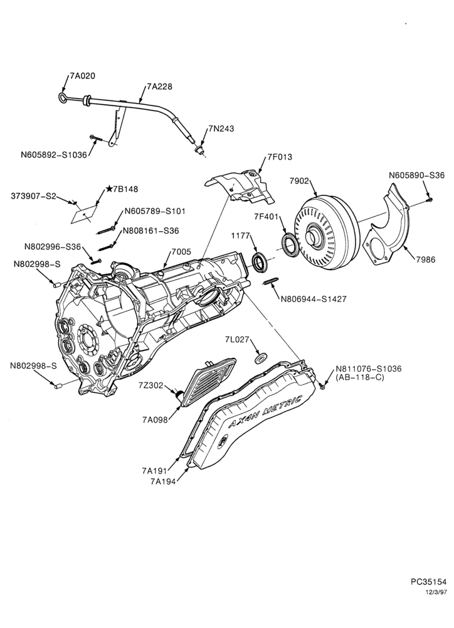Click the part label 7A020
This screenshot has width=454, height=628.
83,76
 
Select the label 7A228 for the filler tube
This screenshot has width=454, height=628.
160,86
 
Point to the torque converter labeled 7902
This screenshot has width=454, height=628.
327,232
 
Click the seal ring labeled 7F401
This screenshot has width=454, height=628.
290,245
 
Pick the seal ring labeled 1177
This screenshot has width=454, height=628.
260,261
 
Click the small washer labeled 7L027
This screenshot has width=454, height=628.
261,357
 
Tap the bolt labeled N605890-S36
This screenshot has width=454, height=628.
430,198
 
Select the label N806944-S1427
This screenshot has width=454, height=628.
314,299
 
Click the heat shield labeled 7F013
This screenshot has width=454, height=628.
240,187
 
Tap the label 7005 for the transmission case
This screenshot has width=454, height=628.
181,252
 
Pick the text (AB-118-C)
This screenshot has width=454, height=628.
360,377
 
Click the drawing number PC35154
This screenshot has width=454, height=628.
428,581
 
